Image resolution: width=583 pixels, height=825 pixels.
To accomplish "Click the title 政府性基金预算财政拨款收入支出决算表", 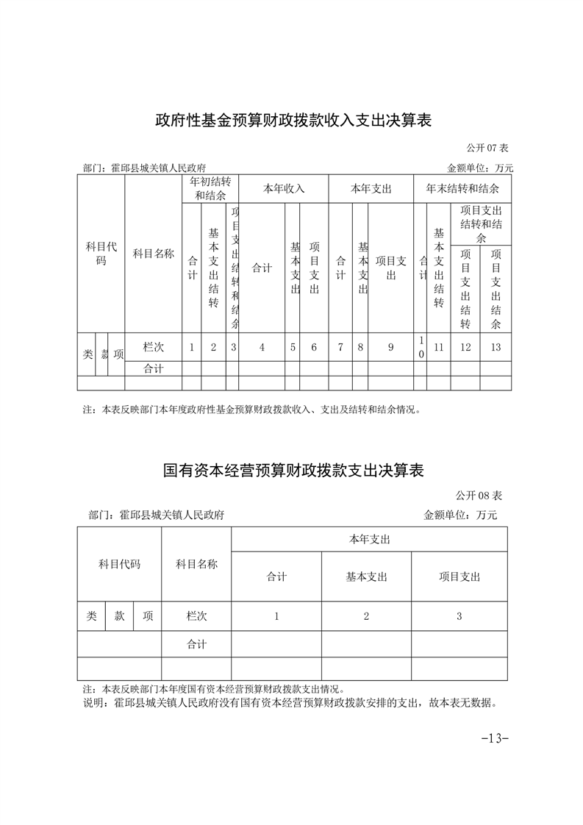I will tap(293, 120).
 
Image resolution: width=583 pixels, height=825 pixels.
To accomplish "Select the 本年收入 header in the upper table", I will tap(284, 189).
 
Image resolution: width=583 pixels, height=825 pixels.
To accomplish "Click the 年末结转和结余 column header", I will tap(462, 189).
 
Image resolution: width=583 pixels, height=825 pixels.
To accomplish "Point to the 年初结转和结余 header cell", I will tap(212, 189).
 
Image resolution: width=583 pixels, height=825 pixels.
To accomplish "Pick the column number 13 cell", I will tap(496, 348).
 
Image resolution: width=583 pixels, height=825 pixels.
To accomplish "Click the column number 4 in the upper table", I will tap(262, 348).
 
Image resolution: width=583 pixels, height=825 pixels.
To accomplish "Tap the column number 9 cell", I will tap(390, 348).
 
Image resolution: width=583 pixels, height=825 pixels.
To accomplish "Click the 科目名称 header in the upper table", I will tap(153, 254).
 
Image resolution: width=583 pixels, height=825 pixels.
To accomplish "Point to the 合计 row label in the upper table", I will tap(153, 369).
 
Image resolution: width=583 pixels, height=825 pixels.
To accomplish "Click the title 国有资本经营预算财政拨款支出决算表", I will tap(293, 470).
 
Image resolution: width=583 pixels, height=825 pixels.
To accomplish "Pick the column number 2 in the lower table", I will tap(366, 616).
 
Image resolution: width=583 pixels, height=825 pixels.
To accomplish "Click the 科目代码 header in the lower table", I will tap(119, 565).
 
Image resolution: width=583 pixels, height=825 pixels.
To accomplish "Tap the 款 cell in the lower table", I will tap(119, 616).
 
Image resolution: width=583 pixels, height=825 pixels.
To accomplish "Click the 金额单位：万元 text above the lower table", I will tap(460, 515).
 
